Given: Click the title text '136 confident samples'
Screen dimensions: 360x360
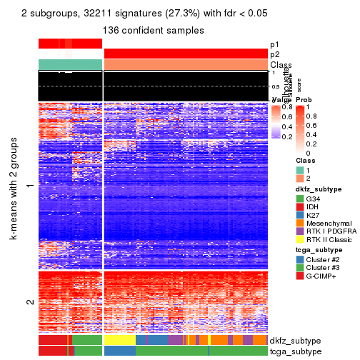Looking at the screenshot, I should click(154, 31).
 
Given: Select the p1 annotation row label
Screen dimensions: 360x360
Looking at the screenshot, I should click(276, 44).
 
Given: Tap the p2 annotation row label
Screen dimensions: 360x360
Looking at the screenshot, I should click(276, 54).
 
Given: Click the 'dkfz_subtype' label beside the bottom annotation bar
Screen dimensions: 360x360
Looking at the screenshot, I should click(294, 340).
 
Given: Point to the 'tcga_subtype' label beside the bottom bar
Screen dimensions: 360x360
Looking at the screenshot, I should click(294, 351).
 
